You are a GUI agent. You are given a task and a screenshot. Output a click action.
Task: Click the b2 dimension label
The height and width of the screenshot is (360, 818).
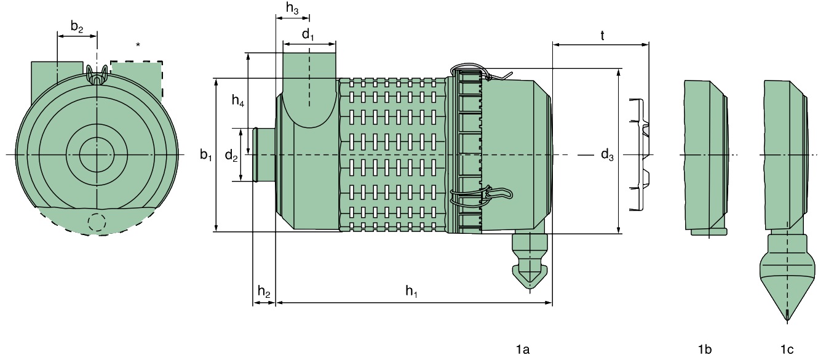click(x=76, y=26)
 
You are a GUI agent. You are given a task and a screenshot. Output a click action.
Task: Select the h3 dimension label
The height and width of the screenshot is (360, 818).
click(x=293, y=8)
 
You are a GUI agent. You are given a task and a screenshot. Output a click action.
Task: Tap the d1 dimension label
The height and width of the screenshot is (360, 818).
click(x=308, y=34)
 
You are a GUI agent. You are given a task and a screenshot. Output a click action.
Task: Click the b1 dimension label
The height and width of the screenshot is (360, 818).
click(x=206, y=155)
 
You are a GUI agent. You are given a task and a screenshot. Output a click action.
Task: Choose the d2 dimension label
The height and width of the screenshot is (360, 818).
click(x=231, y=156)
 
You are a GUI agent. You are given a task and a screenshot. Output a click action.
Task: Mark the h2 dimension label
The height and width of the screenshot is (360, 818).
click(x=263, y=292)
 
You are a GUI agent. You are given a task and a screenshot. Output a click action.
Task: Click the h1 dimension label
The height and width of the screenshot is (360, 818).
click(x=411, y=292)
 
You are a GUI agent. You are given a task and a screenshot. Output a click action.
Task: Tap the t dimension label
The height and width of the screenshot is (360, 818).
click(x=602, y=36)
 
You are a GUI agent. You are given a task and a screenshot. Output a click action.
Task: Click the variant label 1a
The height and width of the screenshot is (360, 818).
click(x=522, y=350)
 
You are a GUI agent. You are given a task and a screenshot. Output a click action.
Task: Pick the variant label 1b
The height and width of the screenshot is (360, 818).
click(x=705, y=350)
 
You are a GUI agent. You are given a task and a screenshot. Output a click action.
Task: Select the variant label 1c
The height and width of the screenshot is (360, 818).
click(x=787, y=350)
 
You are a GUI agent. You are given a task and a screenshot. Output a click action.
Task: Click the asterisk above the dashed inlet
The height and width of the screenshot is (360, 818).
click(x=138, y=45)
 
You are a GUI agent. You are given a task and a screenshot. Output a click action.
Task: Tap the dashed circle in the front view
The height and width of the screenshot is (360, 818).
click(x=97, y=222)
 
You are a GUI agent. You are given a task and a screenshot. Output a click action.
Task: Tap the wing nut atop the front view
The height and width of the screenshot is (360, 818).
click(x=97, y=75)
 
